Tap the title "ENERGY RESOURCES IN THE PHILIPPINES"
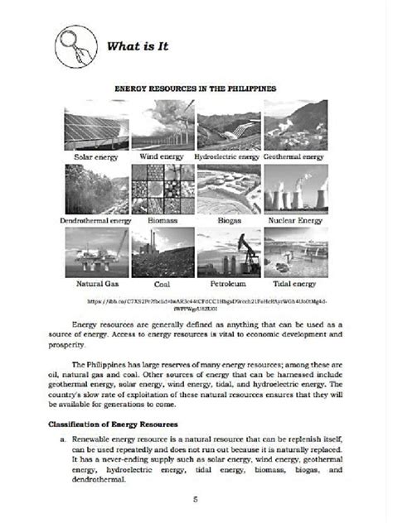click(x=195, y=86)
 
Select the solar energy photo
click(x=95, y=125)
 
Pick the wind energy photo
click(x=162, y=125)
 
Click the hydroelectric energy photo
click(x=229, y=125)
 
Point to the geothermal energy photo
click(x=295, y=125)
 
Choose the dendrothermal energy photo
click(x=95, y=190)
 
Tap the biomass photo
click(x=162, y=190)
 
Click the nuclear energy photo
click(x=295, y=190)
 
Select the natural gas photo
click(x=95, y=253)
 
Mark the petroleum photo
click(x=229, y=253)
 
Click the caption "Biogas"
click(x=229, y=221)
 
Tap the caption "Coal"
click(x=162, y=284)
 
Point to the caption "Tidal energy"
click(x=295, y=284)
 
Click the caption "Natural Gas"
click(x=95, y=284)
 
